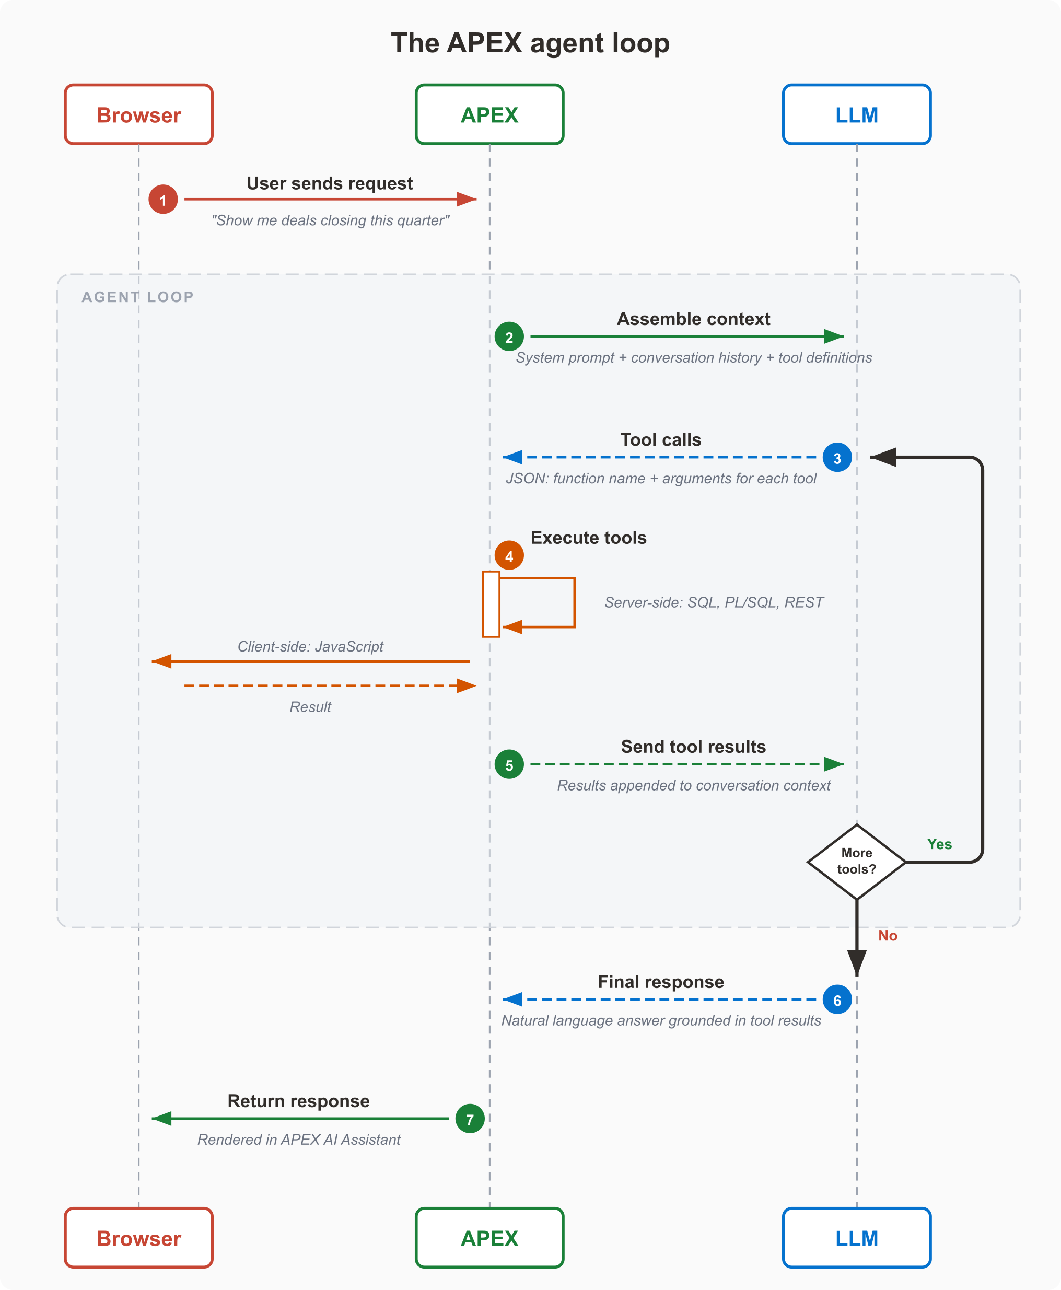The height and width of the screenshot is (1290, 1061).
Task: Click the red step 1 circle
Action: [163, 199]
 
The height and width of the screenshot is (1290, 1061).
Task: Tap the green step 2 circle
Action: [509, 336]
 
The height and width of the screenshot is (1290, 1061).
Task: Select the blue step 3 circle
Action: [837, 457]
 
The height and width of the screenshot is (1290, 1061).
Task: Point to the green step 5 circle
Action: [509, 764]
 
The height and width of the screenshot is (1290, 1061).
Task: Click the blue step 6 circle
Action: [837, 1000]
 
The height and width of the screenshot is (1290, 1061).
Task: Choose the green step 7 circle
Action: [470, 1119]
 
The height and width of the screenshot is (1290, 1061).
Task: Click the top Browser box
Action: [139, 114]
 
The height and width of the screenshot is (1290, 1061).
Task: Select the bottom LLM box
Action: [857, 1238]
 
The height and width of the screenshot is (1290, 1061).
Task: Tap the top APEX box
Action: [489, 114]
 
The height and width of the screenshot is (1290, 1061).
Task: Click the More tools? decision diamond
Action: [857, 862]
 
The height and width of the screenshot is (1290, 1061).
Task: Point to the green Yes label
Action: [939, 844]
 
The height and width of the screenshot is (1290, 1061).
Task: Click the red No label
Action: [888, 935]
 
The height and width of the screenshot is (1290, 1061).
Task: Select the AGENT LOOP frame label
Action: [137, 297]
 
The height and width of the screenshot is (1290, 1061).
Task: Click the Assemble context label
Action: [694, 319]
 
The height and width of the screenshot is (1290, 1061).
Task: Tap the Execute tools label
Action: [589, 538]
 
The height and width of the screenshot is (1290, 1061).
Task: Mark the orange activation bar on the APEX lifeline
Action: [492, 604]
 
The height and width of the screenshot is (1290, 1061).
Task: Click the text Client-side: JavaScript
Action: [310, 646]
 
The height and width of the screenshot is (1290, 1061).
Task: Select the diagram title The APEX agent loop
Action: [531, 43]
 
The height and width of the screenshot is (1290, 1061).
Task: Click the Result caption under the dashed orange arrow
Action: [310, 707]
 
